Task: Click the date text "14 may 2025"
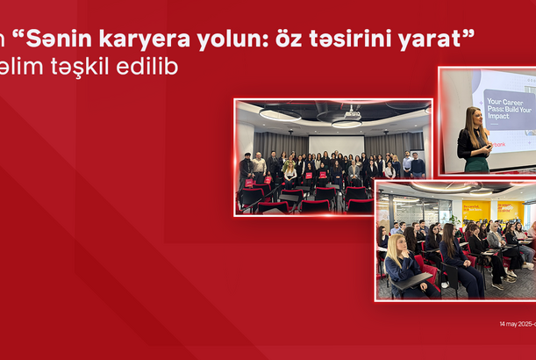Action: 516,324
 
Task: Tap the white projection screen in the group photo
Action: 336,144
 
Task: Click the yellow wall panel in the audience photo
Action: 476,212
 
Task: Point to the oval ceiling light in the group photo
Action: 280,114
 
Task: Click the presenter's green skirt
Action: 476,163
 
